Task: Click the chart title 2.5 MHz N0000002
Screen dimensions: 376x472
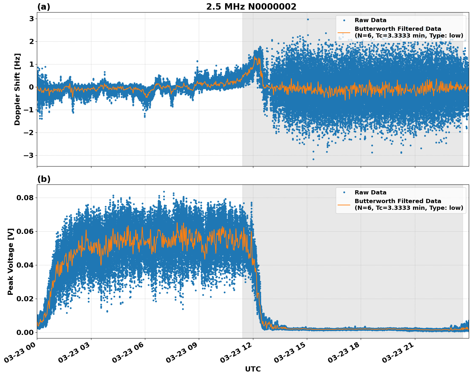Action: click(251, 7)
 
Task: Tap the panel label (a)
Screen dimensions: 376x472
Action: click(44, 7)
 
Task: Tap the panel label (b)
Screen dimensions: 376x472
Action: click(44, 179)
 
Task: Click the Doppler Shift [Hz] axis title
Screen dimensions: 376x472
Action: click(17, 89)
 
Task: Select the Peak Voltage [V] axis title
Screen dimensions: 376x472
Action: click(11, 261)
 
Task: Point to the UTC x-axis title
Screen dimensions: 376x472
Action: click(253, 369)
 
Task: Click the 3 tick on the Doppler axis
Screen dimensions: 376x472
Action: click(31, 19)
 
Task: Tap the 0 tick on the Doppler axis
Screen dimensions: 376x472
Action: click(31, 87)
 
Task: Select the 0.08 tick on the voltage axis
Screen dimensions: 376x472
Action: click(25, 198)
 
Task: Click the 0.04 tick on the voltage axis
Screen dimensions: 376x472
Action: click(25, 265)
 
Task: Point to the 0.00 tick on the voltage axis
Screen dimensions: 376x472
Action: click(25, 332)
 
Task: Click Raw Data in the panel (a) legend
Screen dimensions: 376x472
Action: click(370, 20)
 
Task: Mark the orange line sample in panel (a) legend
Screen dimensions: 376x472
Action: click(344, 32)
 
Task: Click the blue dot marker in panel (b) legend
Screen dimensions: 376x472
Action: click(344, 192)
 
